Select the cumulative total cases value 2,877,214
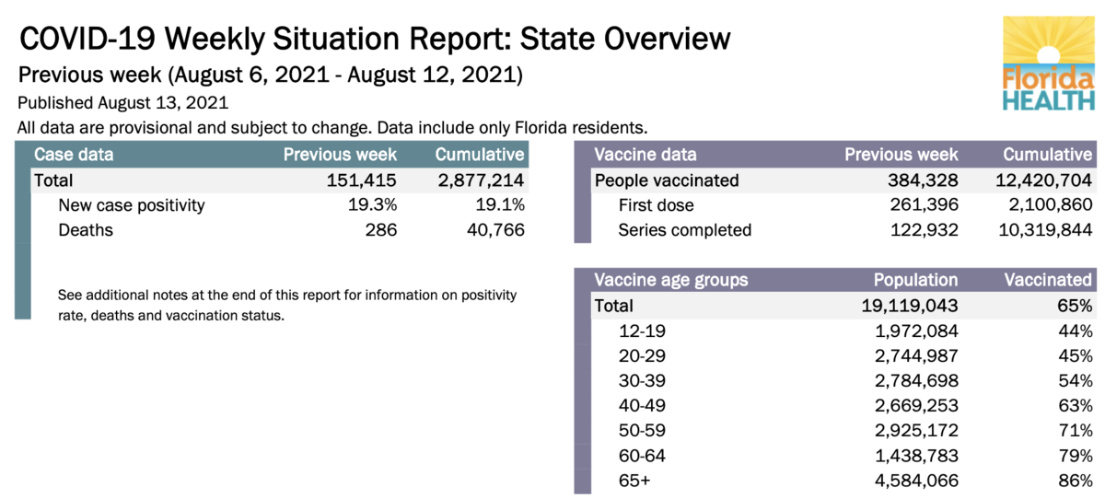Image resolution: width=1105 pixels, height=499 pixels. click(481, 180)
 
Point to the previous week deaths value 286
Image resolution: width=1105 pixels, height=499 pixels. click(380, 229)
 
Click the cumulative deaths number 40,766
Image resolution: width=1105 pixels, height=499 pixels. click(494, 229)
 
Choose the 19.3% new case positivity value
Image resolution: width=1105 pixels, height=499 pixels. click(373, 204)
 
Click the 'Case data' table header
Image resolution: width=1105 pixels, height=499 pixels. click(74, 155)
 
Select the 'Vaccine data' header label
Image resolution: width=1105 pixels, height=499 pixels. click(646, 155)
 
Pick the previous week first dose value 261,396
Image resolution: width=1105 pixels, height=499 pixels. click(921, 204)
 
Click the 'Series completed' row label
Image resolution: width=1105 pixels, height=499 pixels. click(684, 229)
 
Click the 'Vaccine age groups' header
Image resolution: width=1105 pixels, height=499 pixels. click(671, 280)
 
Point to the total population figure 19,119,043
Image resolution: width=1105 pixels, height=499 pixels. click(907, 306)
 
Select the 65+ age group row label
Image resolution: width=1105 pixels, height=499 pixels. click(635, 480)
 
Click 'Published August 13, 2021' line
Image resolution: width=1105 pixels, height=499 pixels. click(122, 103)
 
